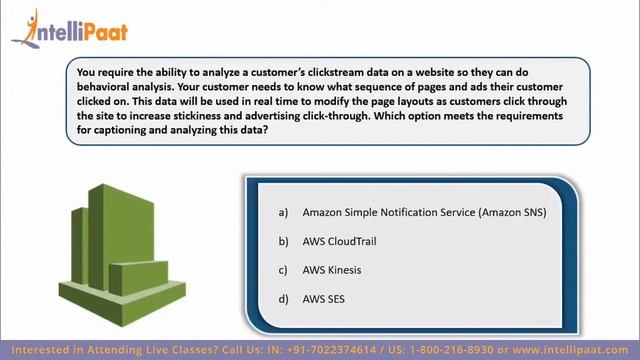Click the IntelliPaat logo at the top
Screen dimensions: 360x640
[x=70, y=30]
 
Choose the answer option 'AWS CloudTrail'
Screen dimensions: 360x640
[x=339, y=241]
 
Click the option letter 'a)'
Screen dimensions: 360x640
[x=283, y=212]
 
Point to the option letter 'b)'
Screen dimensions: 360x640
[x=283, y=241]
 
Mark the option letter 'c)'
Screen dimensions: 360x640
[x=283, y=270]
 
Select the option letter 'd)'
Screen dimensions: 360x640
[x=283, y=299]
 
